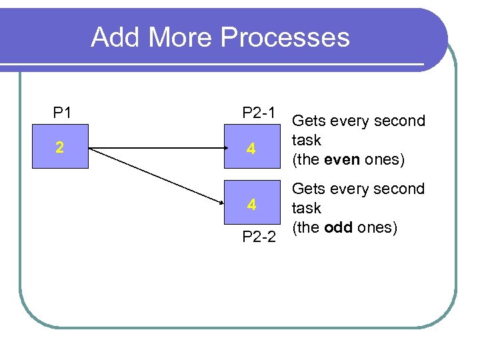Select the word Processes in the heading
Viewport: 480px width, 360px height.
(285, 37)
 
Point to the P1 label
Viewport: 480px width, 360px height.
(62, 113)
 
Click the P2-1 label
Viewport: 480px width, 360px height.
(259, 113)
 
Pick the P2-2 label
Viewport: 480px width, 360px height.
(259, 237)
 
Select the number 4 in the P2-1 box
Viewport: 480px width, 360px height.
(251, 149)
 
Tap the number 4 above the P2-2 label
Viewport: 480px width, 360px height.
(251, 205)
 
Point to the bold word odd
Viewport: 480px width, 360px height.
(338, 227)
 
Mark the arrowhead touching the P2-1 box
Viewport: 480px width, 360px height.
(220, 148)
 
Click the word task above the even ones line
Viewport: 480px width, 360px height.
(307, 141)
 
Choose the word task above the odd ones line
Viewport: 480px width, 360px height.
(307, 209)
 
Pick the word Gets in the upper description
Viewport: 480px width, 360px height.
(308, 121)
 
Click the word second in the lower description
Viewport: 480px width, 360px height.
(401, 189)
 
